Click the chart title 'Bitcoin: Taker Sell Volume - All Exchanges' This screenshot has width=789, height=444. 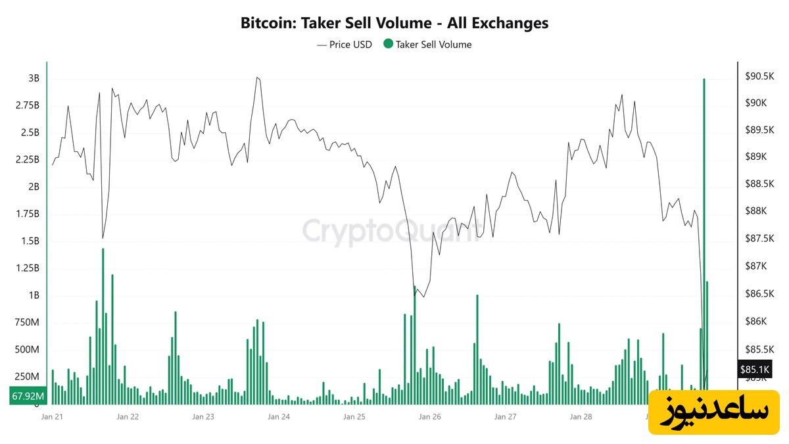(x=394, y=24)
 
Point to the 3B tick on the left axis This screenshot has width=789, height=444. (x=34, y=78)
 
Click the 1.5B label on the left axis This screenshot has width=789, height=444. (x=30, y=241)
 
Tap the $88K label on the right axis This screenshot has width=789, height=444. (x=755, y=211)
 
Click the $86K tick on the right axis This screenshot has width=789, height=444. (x=755, y=321)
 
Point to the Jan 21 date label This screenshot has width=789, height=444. (x=52, y=416)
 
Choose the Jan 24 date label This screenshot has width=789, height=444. (x=278, y=416)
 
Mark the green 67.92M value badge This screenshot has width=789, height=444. (x=28, y=396)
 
